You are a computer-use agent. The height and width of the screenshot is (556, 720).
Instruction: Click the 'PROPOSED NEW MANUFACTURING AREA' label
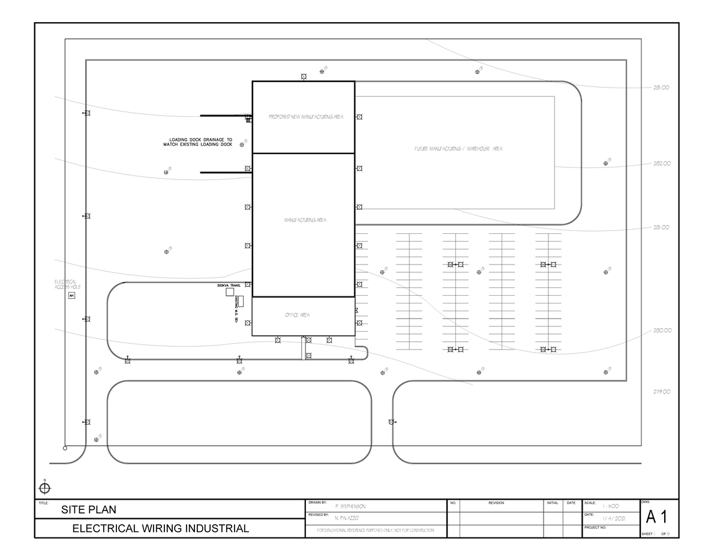pos(305,117)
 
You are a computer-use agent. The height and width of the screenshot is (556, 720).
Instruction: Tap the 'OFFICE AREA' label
pos(297,315)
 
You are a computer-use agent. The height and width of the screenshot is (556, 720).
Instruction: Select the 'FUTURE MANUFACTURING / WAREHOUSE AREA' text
pos(458,148)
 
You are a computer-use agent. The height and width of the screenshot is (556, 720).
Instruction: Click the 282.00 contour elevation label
pos(662,163)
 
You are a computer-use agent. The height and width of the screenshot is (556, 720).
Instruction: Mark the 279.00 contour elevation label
pos(662,392)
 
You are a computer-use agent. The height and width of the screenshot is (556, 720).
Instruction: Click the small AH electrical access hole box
pos(71,296)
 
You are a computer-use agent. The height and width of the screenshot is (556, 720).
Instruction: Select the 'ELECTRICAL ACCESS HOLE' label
pos(67,284)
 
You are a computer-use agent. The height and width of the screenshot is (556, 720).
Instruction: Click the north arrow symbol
pos(45,488)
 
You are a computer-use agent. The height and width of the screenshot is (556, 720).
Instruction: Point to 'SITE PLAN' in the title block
pos(89,510)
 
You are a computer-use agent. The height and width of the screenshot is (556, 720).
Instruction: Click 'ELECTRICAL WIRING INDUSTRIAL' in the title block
pos(160,528)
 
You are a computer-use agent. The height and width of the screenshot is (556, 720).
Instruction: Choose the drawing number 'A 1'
pos(658,516)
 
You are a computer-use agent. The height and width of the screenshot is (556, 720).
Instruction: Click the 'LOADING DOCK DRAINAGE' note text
pos(200,142)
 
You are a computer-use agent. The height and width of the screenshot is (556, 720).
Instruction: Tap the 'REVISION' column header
pos(496,503)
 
